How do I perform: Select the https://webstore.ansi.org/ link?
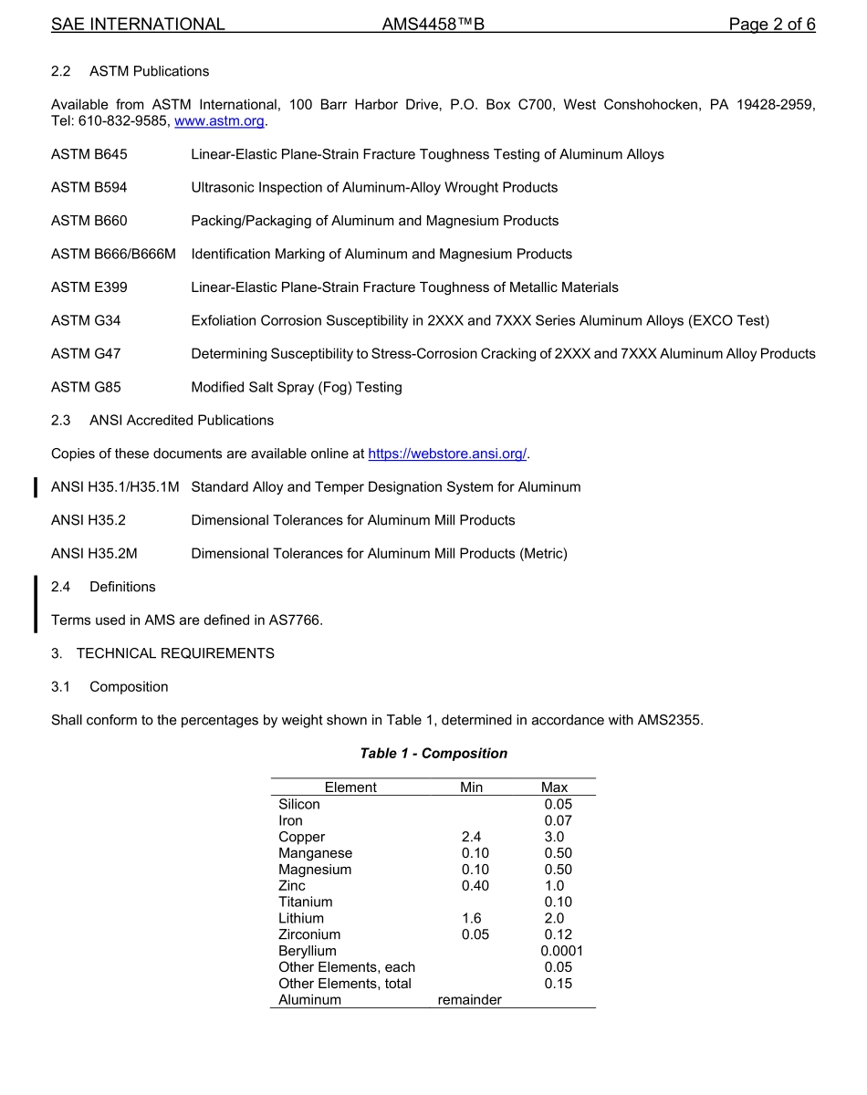(447, 454)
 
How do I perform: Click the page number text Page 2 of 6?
(771, 25)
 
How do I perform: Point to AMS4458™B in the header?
(433, 25)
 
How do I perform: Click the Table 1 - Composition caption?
(433, 754)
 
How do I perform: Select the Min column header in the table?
(471, 787)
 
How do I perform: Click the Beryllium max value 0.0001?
(561, 951)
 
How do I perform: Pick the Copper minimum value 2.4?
(471, 837)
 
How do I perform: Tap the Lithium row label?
(301, 918)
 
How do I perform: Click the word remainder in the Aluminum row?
(469, 1000)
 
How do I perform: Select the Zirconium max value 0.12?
(558, 934)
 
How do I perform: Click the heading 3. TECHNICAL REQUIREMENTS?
(162, 653)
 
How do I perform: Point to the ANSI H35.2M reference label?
(94, 553)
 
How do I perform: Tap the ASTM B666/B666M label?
(113, 254)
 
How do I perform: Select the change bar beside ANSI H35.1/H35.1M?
(36, 487)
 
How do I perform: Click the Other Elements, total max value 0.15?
(558, 984)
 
